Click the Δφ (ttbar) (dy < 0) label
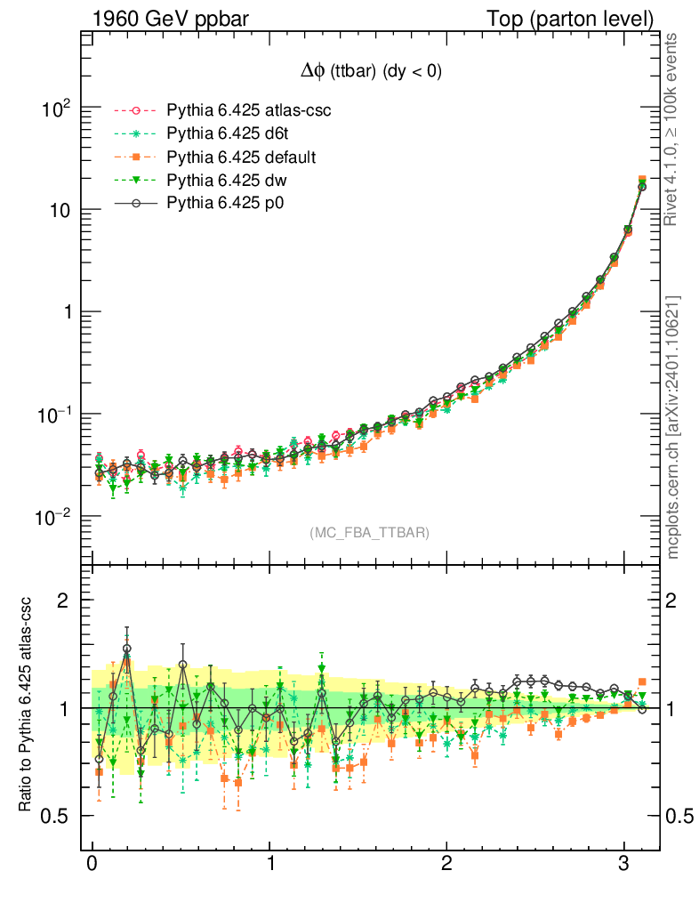[x=370, y=73]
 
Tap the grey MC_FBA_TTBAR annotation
[x=370, y=533]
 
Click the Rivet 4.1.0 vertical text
[x=672, y=129]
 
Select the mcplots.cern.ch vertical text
[x=672, y=427]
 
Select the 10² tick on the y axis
[x=56, y=109]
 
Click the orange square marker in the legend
[x=136, y=157]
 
